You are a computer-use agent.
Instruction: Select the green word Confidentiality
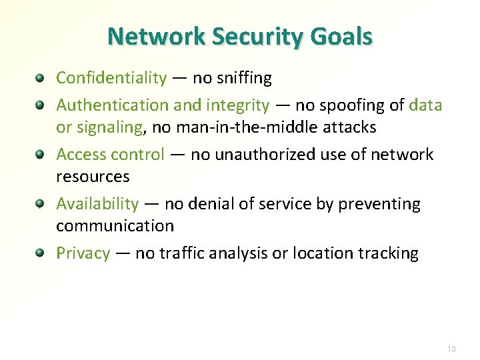(x=111, y=78)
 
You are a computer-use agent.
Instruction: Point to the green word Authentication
(x=113, y=105)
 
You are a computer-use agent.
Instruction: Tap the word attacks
(x=349, y=127)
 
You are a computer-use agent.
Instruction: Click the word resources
(x=93, y=176)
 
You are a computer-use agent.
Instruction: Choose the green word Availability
(x=97, y=203)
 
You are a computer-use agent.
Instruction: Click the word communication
(x=115, y=225)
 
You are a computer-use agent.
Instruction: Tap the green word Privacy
(x=83, y=253)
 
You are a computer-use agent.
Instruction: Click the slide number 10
(x=451, y=349)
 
